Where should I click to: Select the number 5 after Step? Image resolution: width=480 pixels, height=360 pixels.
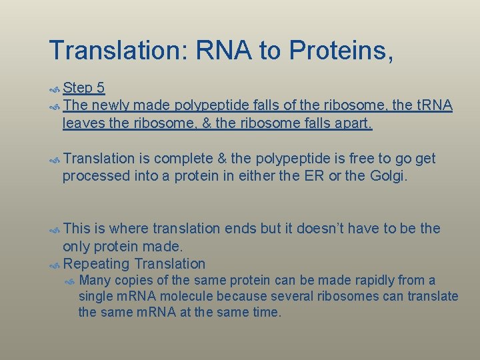click(100, 88)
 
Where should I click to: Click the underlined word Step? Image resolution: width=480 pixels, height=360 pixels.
click(78, 88)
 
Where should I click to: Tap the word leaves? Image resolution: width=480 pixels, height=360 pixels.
click(83, 123)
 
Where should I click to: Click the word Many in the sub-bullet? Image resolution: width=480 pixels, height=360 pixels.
click(94, 280)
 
